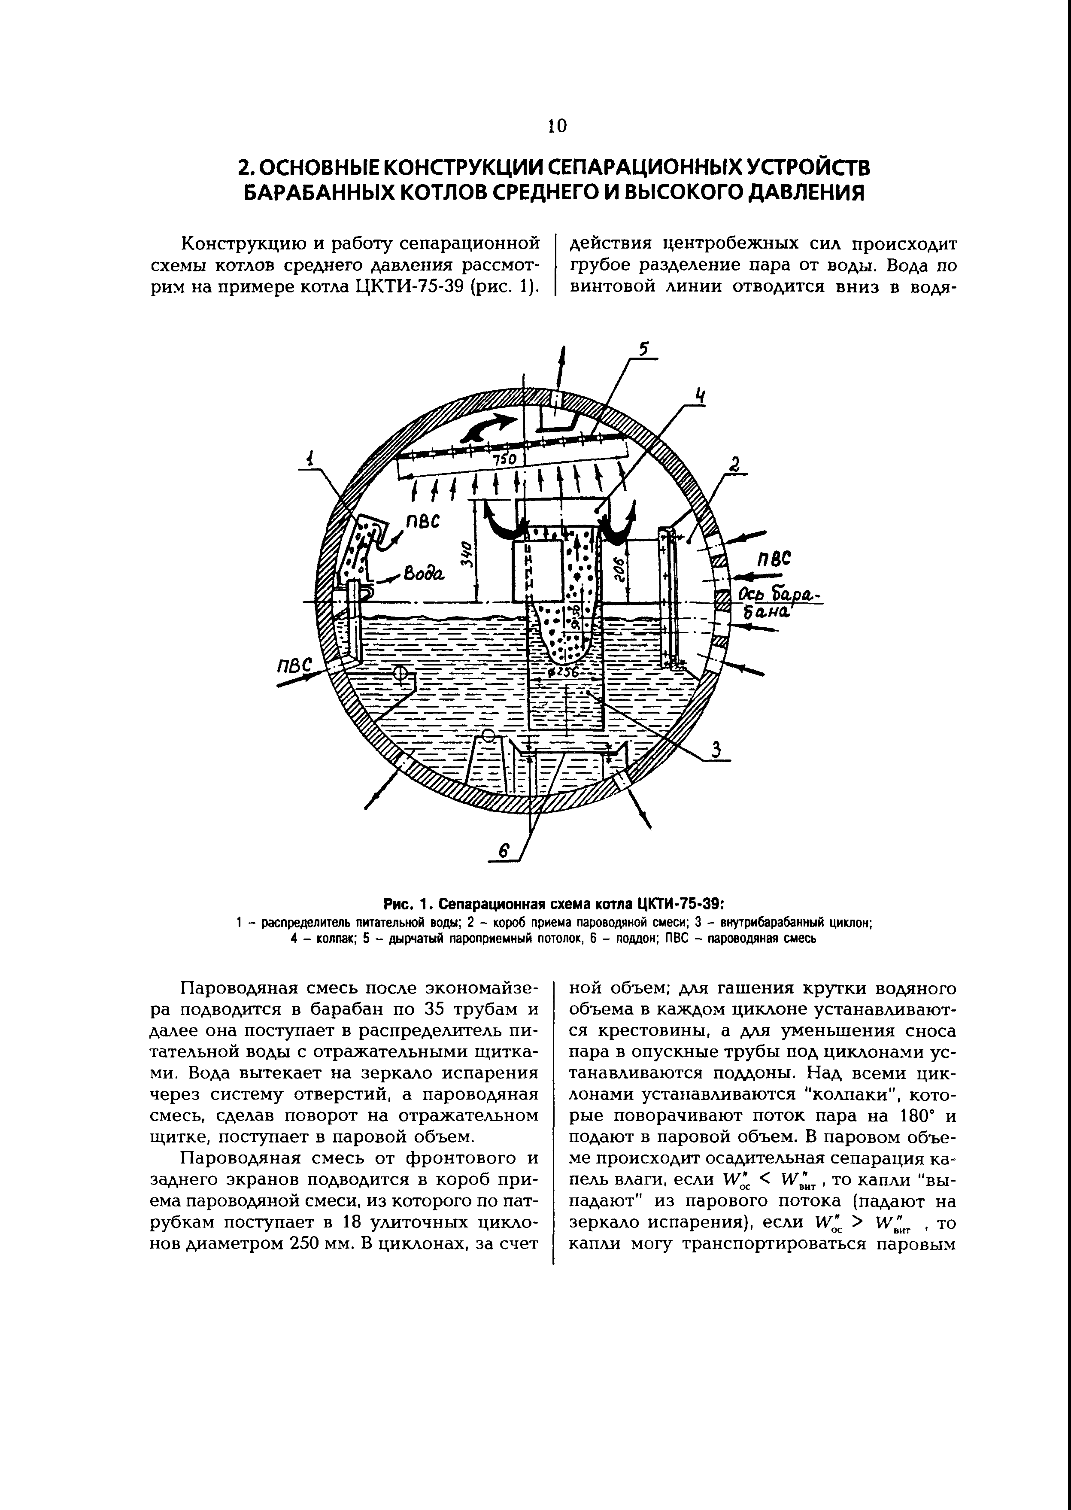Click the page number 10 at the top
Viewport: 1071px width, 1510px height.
(x=557, y=125)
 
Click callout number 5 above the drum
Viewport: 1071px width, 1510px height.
(x=644, y=348)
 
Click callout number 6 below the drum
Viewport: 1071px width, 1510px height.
(x=504, y=852)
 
